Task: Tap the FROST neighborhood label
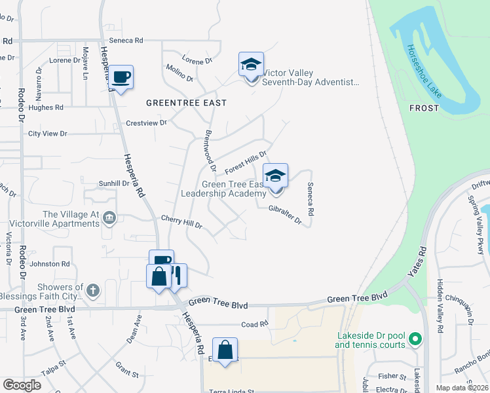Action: pos(423,108)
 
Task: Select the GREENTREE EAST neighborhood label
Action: pos(186,103)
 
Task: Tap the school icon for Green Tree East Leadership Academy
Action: pos(276,176)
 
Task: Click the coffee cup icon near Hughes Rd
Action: pos(121,78)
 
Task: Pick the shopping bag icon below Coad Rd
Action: pos(225,350)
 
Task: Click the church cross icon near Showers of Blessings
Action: pos(94,289)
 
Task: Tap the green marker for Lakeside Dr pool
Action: pos(414,339)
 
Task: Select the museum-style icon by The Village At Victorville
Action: pos(109,217)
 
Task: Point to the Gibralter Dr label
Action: pos(284,215)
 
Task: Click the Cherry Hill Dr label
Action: pos(181,221)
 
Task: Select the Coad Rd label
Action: pos(255,324)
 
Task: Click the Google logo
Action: pos(22,384)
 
